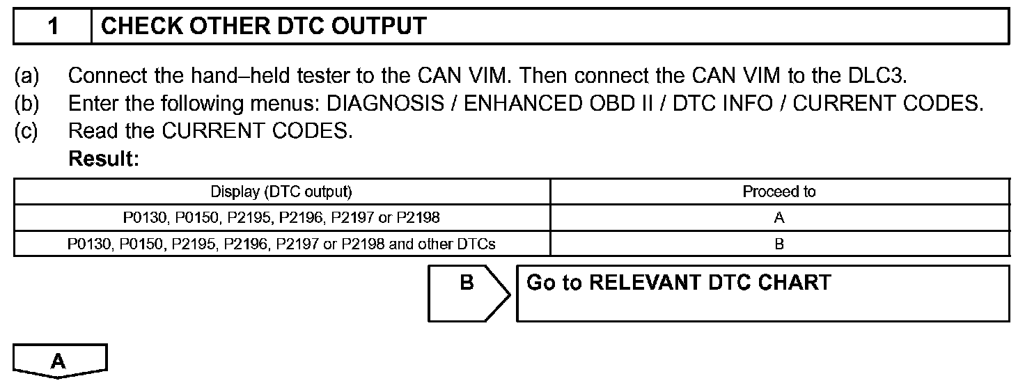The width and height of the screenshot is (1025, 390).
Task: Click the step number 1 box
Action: pos(53,26)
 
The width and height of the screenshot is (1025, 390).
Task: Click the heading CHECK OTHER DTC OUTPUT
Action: pos(263,26)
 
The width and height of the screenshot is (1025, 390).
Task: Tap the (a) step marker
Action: pos(27,75)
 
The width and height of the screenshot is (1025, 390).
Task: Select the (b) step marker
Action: pos(27,104)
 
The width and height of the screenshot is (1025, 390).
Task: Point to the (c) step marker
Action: pos(27,132)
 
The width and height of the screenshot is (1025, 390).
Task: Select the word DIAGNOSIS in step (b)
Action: pos(385,104)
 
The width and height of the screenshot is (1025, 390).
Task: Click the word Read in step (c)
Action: pos(91,132)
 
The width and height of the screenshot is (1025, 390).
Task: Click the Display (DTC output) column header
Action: pos(281,192)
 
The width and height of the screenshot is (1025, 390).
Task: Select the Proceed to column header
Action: pos(779,192)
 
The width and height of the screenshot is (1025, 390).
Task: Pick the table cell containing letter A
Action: pos(779,218)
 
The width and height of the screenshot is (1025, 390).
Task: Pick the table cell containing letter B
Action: pos(779,244)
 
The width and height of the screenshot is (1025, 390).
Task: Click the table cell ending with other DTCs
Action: pos(281,244)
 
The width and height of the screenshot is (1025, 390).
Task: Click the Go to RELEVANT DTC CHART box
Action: pos(762,293)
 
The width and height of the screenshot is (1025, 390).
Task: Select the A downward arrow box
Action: pos(60,361)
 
